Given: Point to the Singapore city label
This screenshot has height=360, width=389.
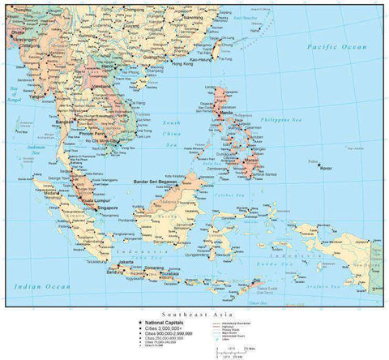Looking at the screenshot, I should (105, 208).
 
